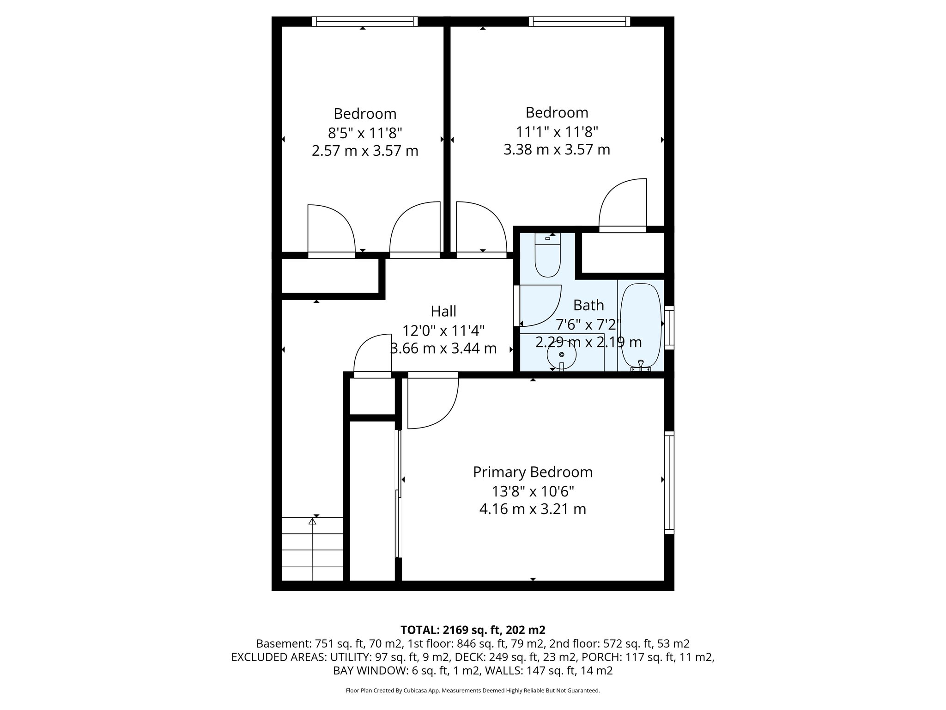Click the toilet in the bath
click(x=547, y=259)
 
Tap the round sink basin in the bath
click(x=561, y=355)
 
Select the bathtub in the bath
click(x=641, y=326)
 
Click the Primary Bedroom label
click(x=533, y=472)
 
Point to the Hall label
click(x=443, y=312)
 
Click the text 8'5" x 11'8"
click(x=365, y=133)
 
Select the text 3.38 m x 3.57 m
click(x=557, y=150)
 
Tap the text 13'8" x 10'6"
click(x=533, y=491)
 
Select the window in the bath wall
click(x=669, y=327)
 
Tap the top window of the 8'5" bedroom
click(x=364, y=21)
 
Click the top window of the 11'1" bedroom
click(x=579, y=21)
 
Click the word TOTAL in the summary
click(x=419, y=630)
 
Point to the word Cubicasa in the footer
click(x=416, y=691)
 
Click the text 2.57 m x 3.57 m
click(x=365, y=151)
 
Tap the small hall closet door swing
click(x=372, y=354)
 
